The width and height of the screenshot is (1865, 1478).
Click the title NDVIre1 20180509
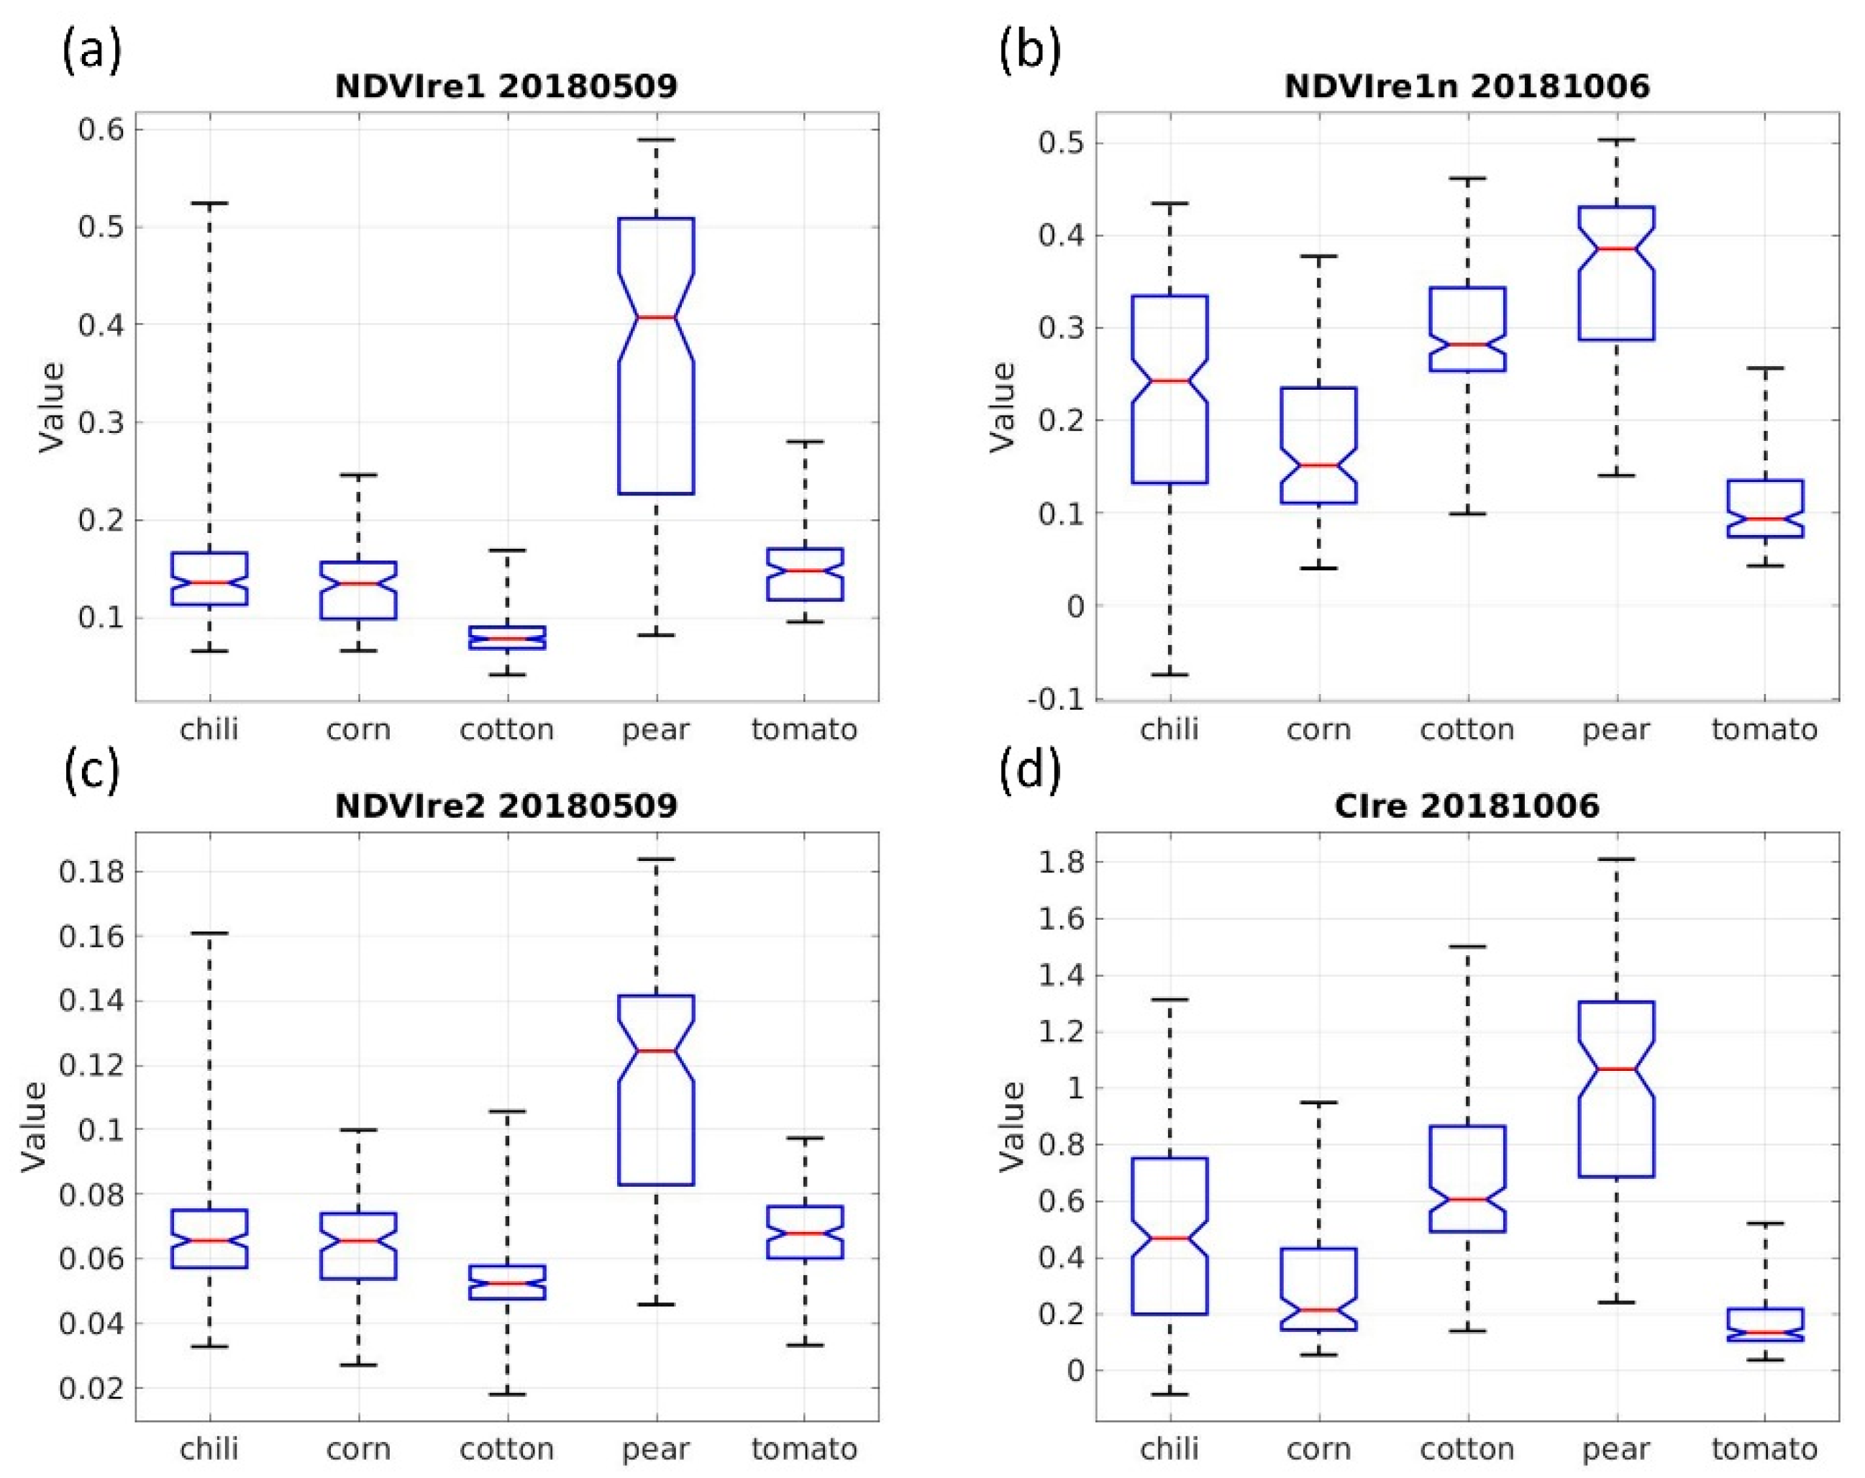(x=506, y=86)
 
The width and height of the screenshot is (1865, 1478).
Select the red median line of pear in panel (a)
(x=656, y=317)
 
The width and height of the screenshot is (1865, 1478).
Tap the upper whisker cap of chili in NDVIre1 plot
(x=209, y=204)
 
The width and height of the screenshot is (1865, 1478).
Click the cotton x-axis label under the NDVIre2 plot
(x=507, y=1448)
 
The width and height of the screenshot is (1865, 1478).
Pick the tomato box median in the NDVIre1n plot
(x=1764, y=519)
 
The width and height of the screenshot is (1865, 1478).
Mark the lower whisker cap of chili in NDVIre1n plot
(x=1169, y=674)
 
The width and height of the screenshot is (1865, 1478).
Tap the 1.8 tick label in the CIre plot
(x=1062, y=862)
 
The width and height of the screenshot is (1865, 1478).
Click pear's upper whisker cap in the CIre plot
(x=1616, y=859)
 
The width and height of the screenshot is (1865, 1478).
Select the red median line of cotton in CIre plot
(x=1467, y=1199)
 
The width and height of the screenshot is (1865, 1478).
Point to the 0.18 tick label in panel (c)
(x=90, y=871)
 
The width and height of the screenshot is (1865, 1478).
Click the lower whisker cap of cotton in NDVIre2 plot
(x=507, y=1394)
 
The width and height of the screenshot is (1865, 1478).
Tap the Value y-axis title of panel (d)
(x=1012, y=1126)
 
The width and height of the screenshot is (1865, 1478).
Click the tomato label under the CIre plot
(x=1764, y=1448)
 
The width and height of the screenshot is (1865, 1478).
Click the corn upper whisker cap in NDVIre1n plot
(x=1318, y=256)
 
